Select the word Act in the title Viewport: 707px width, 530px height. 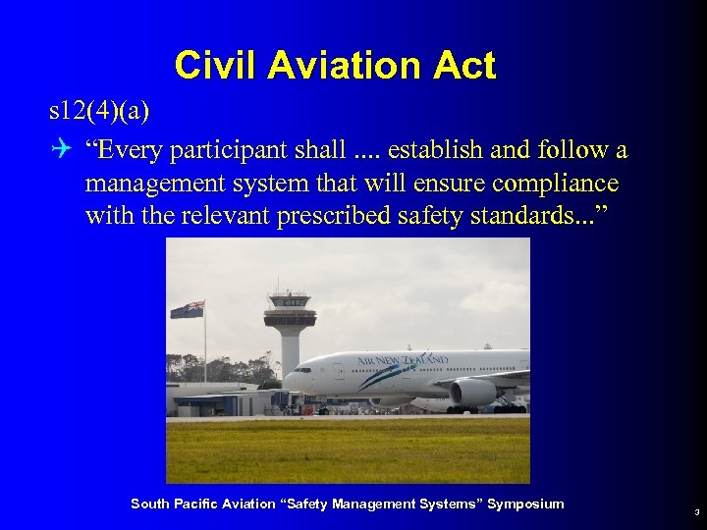click(464, 66)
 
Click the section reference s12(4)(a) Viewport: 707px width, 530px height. click(99, 111)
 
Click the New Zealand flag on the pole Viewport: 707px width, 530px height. click(188, 309)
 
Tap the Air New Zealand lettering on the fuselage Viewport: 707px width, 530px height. click(389, 360)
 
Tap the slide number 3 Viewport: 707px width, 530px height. click(695, 511)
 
